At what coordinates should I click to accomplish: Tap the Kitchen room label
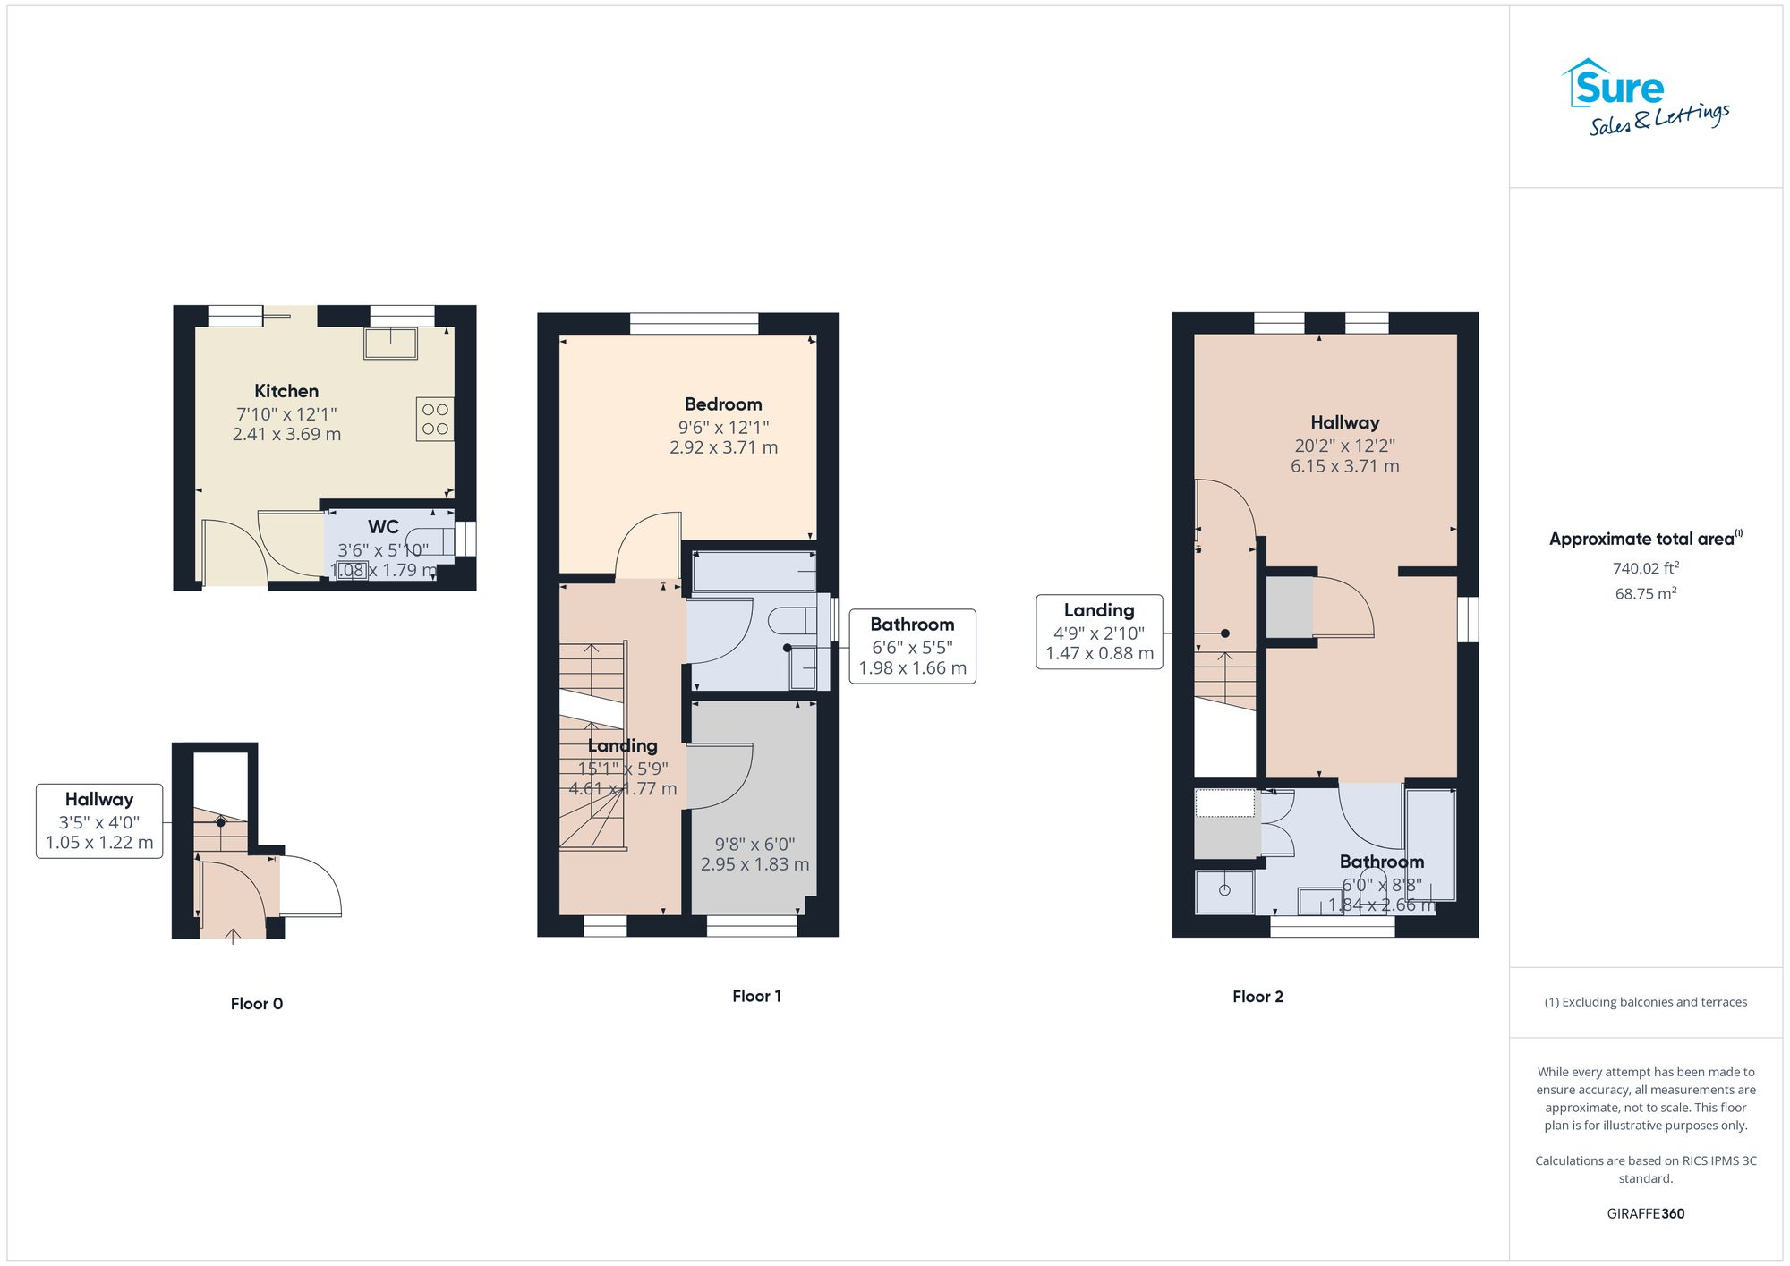click(286, 391)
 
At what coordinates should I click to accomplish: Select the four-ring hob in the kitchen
click(435, 420)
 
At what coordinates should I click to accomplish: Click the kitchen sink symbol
click(390, 344)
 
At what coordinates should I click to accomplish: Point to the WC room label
click(383, 527)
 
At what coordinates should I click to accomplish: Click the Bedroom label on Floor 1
click(723, 404)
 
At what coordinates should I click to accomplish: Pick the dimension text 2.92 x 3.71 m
click(723, 447)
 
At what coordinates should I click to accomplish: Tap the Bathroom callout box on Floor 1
click(912, 646)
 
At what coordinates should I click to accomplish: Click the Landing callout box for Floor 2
click(1099, 632)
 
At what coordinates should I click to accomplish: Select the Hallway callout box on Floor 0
click(99, 820)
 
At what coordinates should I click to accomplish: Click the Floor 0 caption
click(257, 1004)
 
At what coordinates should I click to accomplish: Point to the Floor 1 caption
click(756, 996)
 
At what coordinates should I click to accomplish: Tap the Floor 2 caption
click(1257, 997)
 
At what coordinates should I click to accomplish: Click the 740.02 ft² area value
click(1645, 568)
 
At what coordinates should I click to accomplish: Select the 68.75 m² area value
click(1645, 594)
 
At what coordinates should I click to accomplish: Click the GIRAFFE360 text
click(1645, 1214)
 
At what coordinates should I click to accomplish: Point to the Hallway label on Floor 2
click(1344, 422)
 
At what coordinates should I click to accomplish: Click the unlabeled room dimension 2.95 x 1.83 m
click(754, 864)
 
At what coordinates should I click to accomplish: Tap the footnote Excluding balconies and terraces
click(1645, 1002)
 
